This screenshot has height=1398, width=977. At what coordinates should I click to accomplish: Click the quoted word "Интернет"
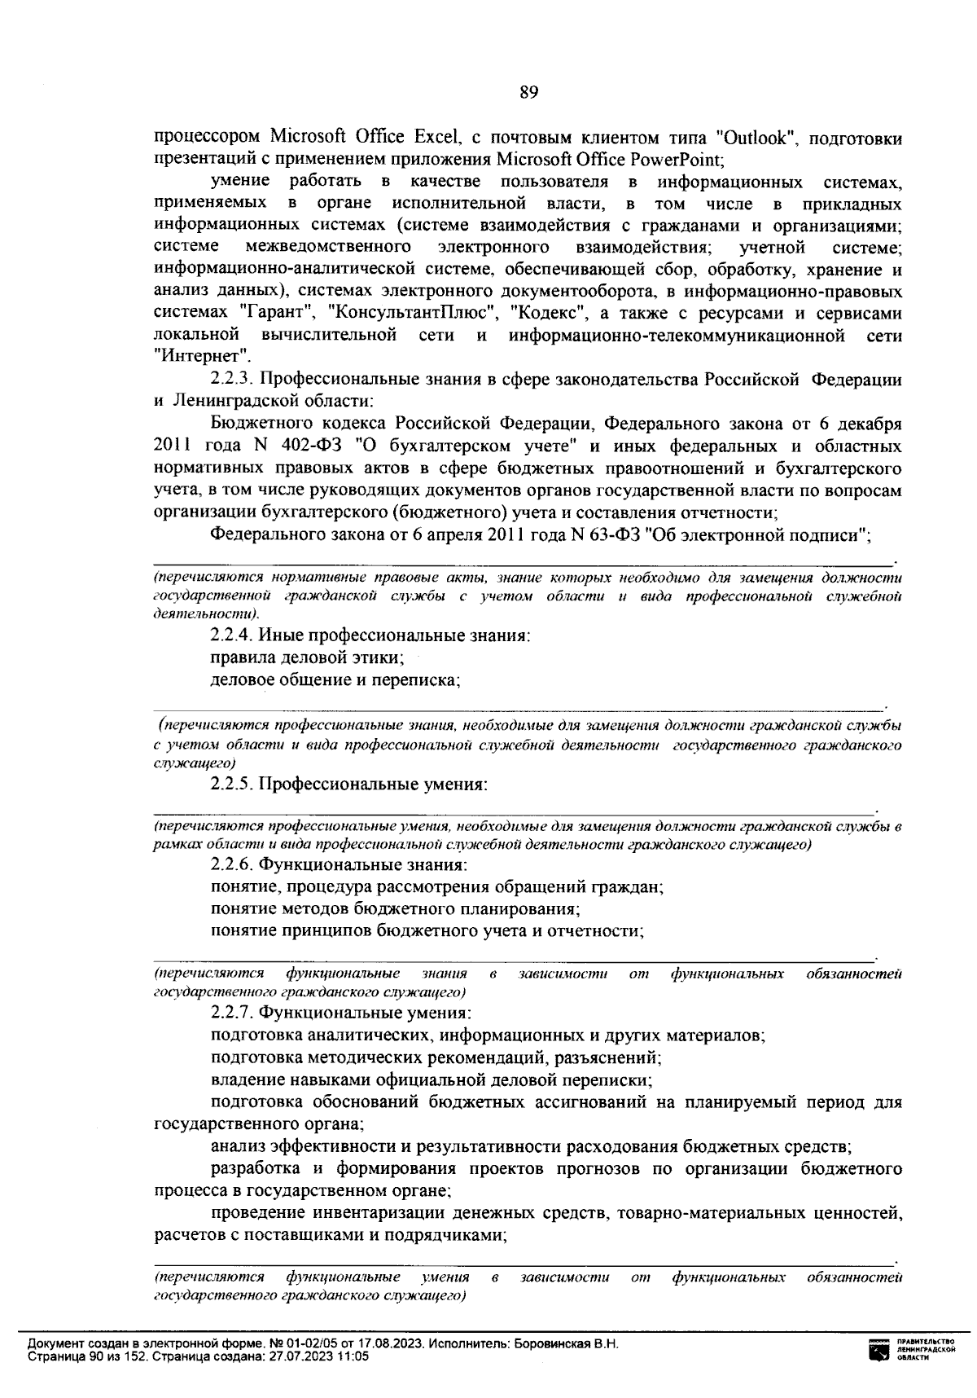(201, 356)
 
